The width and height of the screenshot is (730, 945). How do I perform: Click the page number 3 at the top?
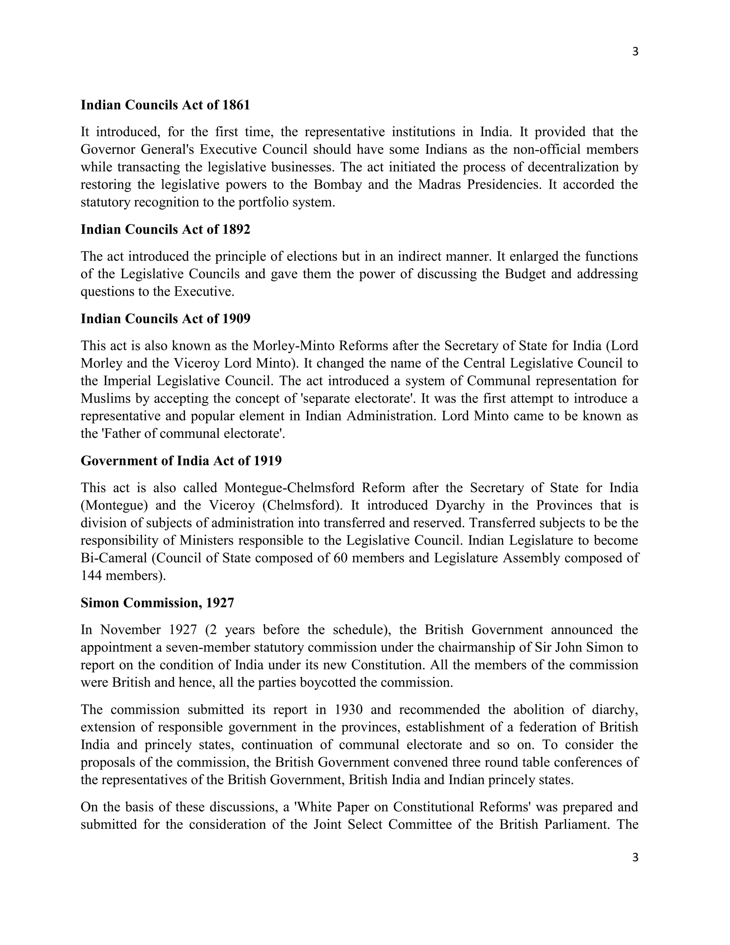coord(635,52)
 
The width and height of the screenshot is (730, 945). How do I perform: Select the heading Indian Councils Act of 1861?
coord(165,105)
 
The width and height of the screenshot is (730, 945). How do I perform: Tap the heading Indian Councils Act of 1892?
coord(165,229)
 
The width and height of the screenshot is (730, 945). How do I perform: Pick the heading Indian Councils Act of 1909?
coord(165,319)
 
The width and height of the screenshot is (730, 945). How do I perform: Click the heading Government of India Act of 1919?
coord(181,461)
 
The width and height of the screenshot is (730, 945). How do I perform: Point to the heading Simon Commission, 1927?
coord(157,603)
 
